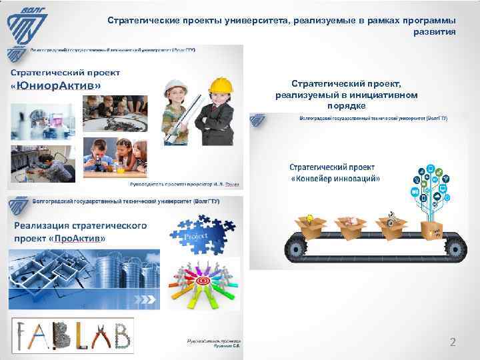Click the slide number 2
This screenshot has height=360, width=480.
(453, 343)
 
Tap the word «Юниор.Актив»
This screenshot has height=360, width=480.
(56, 86)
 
